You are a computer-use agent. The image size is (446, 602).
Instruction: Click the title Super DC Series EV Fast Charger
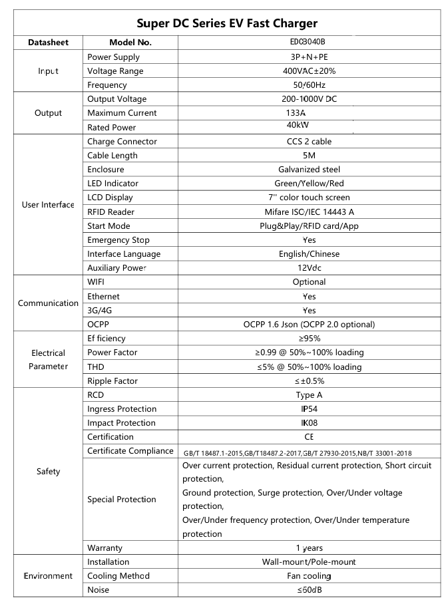(x=227, y=23)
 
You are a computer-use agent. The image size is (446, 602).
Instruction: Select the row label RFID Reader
(x=111, y=212)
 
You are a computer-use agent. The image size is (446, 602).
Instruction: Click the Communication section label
(x=48, y=303)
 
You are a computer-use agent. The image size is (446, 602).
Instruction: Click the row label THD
(x=96, y=367)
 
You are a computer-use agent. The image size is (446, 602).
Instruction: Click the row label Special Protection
(x=122, y=499)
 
